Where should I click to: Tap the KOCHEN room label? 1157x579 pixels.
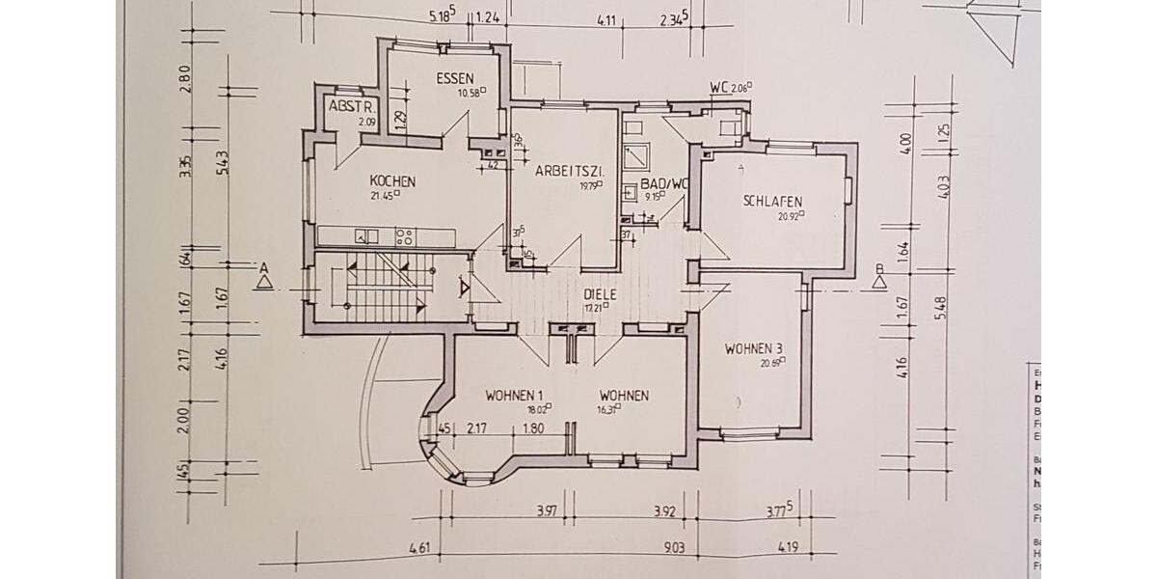pos(392,181)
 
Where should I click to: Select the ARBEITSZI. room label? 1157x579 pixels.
pos(570,171)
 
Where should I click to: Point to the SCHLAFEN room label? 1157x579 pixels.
pos(772,202)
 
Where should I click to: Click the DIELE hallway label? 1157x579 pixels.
pos(600,295)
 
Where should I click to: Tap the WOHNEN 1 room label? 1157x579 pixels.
pos(515,396)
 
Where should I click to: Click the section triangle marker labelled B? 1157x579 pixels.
pos(878,281)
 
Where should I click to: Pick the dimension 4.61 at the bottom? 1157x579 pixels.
pos(419,549)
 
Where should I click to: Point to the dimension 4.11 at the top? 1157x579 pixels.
pos(606,18)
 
